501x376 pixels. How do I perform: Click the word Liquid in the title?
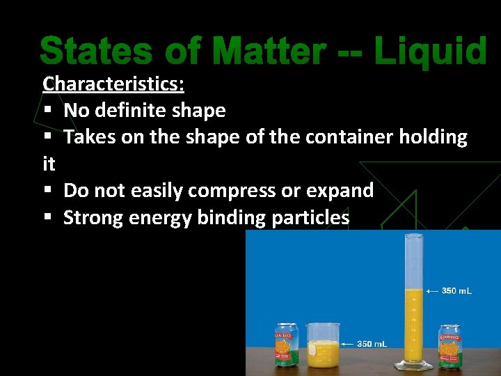(x=429, y=52)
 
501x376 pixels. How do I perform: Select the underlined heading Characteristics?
(x=113, y=84)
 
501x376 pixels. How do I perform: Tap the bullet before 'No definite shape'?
(x=47, y=111)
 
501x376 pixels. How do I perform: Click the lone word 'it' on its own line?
(x=49, y=164)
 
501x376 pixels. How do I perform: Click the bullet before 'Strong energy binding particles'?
(x=47, y=218)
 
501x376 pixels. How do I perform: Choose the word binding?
(x=232, y=218)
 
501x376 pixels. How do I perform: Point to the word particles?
(x=310, y=218)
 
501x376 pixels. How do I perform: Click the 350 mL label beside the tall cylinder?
(x=457, y=290)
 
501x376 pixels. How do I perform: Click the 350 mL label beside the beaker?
(x=372, y=344)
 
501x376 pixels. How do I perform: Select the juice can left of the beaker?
(x=286, y=345)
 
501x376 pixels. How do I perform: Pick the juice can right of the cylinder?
(x=449, y=346)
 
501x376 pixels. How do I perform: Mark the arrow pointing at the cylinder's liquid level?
(x=432, y=290)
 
